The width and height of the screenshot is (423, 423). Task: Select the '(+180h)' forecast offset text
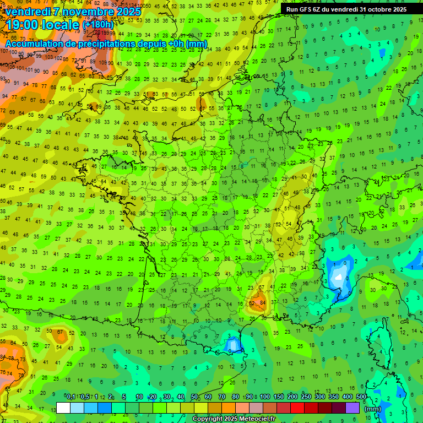click(x=97, y=24)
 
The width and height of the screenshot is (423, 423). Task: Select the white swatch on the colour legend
click(x=63, y=408)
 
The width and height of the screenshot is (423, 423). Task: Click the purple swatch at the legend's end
click(x=352, y=408)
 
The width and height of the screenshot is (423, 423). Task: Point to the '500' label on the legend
click(x=361, y=397)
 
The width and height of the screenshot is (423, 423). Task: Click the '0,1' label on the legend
click(x=70, y=397)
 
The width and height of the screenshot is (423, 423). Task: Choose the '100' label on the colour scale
click(x=264, y=397)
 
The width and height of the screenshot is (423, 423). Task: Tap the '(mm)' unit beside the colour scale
click(x=373, y=409)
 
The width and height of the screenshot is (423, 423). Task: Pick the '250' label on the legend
click(x=306, y=397)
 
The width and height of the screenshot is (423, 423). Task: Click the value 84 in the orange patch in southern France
click(x=263, y=302)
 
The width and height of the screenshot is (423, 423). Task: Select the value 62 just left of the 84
click(x=252, y=302)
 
